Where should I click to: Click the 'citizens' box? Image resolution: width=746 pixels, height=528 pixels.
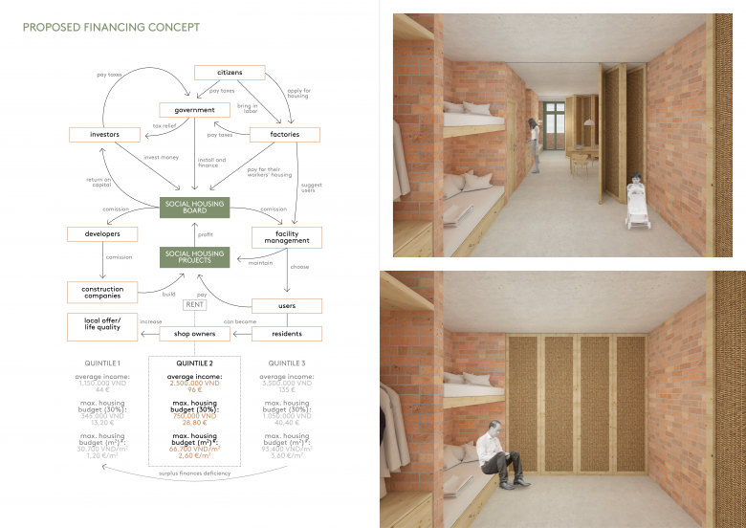(229, 73)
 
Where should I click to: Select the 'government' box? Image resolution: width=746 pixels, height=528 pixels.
(195, 110)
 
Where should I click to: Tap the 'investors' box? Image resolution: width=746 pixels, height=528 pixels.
(104, 135)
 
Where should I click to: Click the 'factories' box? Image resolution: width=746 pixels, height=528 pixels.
(284, 135)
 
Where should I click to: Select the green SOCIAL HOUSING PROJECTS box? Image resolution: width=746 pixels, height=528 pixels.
(195, 256)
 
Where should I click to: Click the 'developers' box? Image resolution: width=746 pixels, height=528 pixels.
(102, 233)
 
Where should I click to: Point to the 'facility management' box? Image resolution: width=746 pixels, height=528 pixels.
(287, 238)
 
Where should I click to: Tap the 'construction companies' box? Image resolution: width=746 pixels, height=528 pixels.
(102, 293)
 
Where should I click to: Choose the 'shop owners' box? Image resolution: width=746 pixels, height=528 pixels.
(195, 334)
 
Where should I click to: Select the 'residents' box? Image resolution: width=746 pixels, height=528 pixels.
(286, 334)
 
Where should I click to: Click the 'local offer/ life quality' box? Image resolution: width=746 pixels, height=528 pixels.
(102, 326)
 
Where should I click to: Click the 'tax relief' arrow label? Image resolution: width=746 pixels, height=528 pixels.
(164, 125)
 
